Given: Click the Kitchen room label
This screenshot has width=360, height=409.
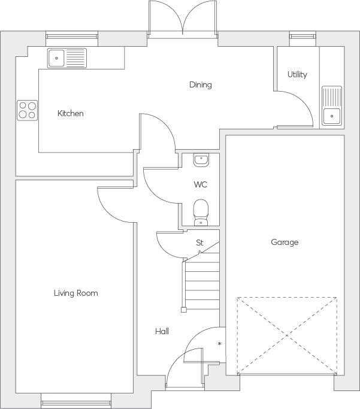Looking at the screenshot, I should (70, 113).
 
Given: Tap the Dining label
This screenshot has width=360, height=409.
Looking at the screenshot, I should (200, 84).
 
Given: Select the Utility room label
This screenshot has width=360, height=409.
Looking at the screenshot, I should (297, 74).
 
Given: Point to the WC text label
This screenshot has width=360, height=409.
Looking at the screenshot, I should (200, 184).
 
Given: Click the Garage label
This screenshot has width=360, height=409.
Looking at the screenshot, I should (285, 242).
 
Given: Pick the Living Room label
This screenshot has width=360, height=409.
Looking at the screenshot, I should (75, 293).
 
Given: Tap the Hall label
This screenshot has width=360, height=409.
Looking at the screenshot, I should (162, 331).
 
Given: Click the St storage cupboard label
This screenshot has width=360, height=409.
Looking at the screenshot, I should (199, 243).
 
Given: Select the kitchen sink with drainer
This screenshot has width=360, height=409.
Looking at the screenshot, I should (67, 57).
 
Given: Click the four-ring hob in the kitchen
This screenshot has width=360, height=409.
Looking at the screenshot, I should (27, 110).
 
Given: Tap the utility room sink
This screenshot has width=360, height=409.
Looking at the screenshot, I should (331, 106).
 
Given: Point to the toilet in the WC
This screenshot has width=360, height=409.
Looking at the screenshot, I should (201, 212).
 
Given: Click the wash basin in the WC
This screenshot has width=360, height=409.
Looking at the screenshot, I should (201, 160).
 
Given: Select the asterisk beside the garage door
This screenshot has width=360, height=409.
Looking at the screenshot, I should (220, 344).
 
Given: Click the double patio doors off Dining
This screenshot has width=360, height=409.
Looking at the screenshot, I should (183, 20).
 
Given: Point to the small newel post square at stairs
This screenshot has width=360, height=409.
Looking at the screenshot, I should (183, 310).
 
